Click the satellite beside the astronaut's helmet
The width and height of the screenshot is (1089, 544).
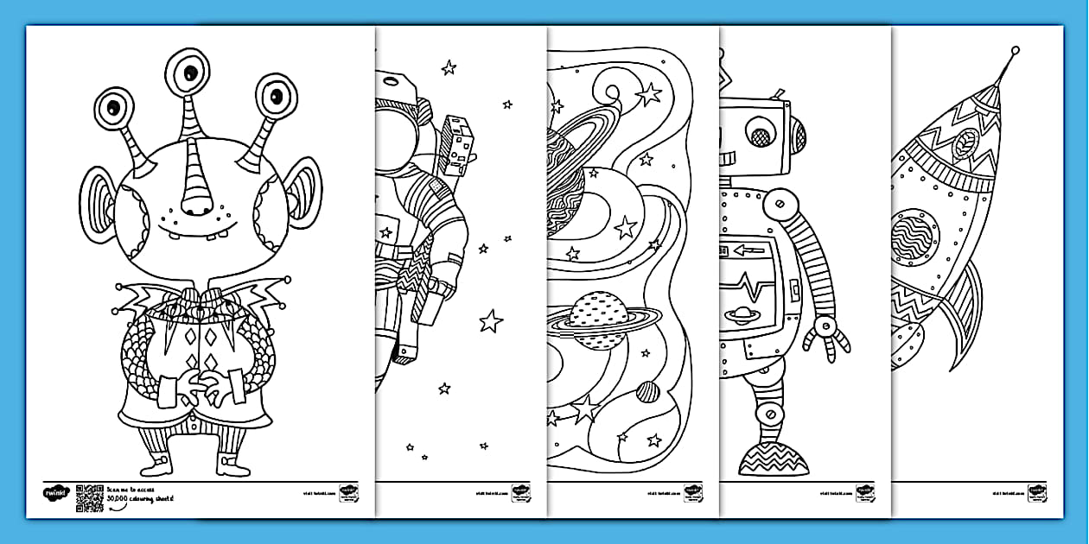(455, 142)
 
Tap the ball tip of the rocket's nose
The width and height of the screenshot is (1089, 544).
(1015, 51)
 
